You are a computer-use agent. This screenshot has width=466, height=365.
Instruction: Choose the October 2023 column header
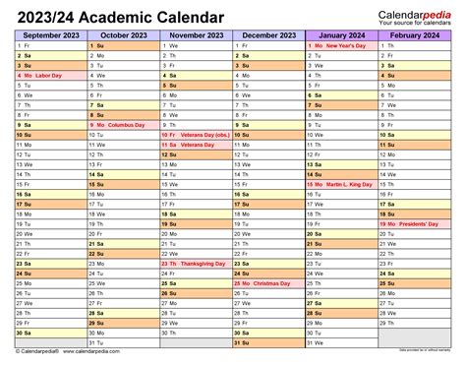click(x=122, y=34)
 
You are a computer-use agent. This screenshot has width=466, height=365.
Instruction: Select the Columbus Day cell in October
click(x=122, y=126)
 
